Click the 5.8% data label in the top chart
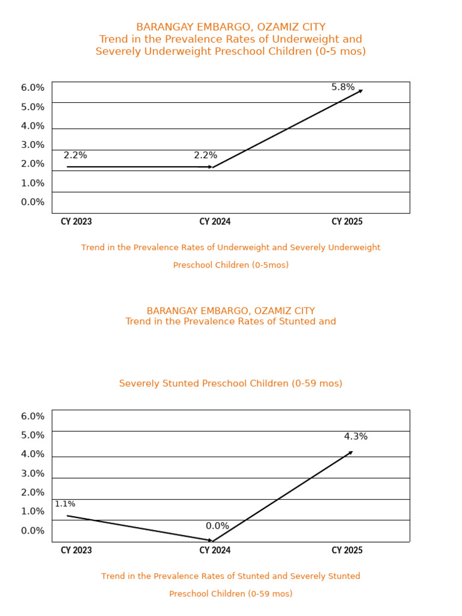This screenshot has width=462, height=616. point(343,87)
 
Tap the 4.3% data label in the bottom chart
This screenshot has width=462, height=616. point(356,437)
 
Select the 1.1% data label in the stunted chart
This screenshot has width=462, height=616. point(65,504)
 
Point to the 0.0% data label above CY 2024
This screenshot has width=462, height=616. point(217,526)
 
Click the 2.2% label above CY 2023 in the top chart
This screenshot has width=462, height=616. point(75,155)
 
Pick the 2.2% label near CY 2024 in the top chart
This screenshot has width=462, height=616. point(205,155)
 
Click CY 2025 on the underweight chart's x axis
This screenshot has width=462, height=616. point(347,222)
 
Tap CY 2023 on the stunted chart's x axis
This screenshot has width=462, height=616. point(76,550)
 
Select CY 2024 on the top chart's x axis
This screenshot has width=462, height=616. point(215,222)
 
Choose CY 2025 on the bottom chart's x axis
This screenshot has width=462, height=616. point(347,550)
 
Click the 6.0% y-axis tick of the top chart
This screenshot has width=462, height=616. point(32,88)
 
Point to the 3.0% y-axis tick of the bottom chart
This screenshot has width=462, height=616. point(32,473)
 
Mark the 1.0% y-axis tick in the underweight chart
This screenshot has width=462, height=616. point(32,183)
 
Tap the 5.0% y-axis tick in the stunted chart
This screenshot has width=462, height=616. point(32,435)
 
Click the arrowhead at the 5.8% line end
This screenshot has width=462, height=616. point(360,91)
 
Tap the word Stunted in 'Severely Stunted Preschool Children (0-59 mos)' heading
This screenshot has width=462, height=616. point(180,384)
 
